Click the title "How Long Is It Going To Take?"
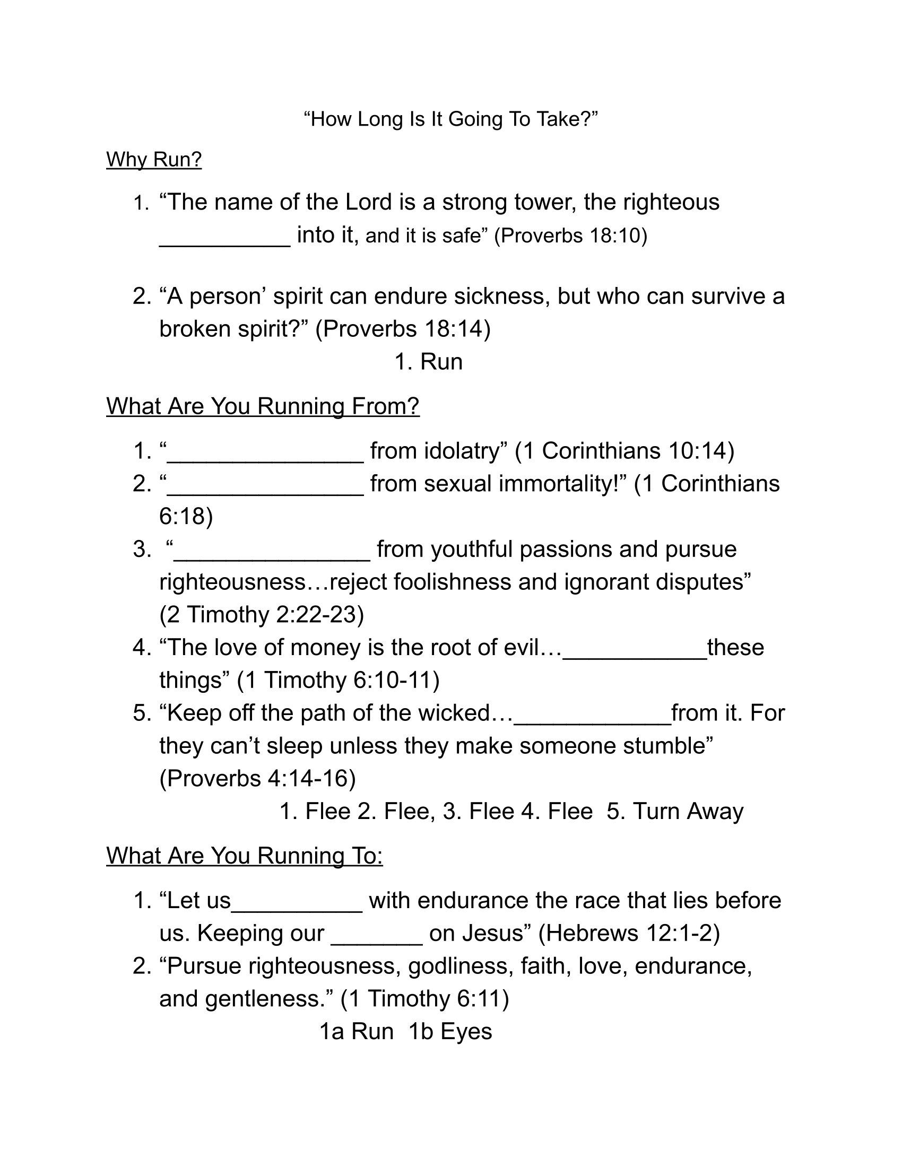point(450,119)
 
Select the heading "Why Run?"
point(154,159)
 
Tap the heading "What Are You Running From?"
point(263,406)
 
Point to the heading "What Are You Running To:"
point(244,856)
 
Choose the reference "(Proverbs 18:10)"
point(570,236)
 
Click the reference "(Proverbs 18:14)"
point(403,329)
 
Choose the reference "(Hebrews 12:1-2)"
point(629,934)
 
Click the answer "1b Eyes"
point(450,1031)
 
